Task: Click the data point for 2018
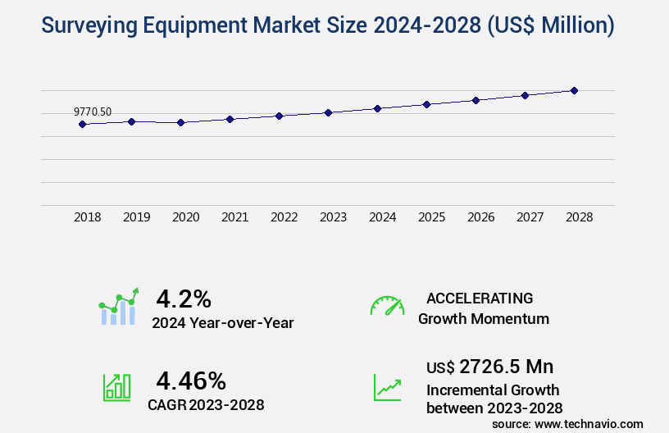(82, 125)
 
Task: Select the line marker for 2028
(574, 90)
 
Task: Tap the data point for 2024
(377, 108)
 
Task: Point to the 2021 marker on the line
(230, 119)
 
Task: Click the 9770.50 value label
(93, 112)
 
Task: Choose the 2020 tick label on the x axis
(185, 217)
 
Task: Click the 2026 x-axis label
(480, 217)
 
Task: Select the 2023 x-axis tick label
(333, 217)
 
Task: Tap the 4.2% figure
(184, 298)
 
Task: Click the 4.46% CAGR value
(191, 380)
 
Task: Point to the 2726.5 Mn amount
(507, 366)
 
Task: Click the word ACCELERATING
(480, 298)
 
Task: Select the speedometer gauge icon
(387, 306)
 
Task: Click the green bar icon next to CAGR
(116, 387)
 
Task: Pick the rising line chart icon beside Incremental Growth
(387, 387)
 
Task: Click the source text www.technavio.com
(588, 423)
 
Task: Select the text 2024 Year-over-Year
(222, 322)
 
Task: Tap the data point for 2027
(525, 95)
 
